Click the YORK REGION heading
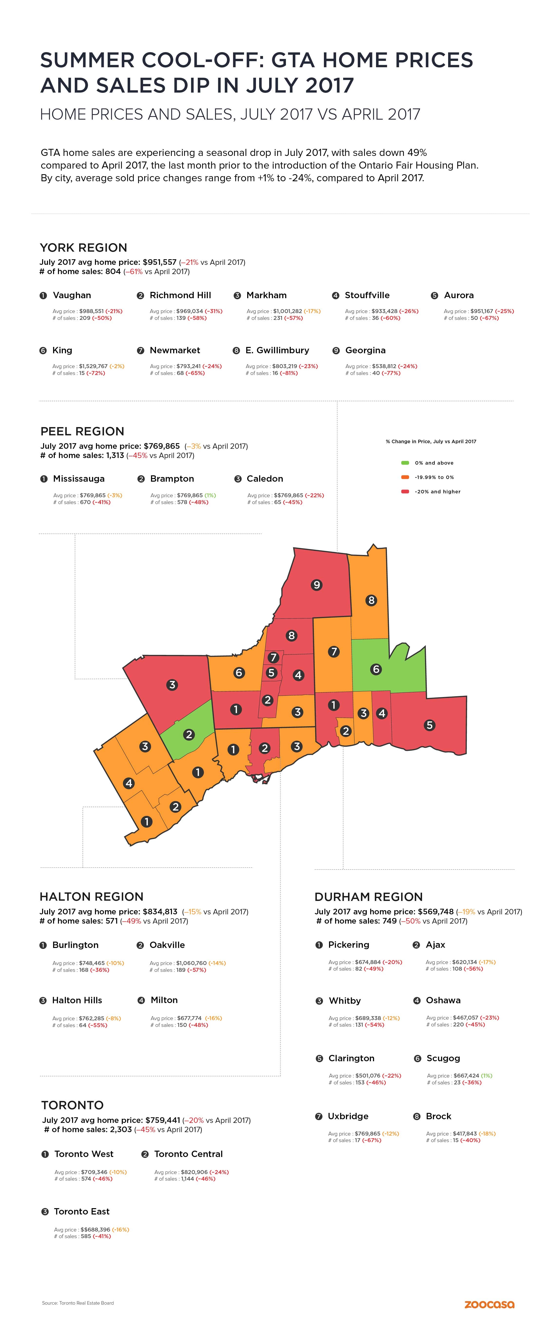[x=84, y=248]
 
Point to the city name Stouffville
[x=367, y=295]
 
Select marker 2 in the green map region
[x=189, y=735]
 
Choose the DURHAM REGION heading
[x=368, y=897]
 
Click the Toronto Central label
[x=188, y=1154]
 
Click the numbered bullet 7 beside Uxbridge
[x=319, y=1116]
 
